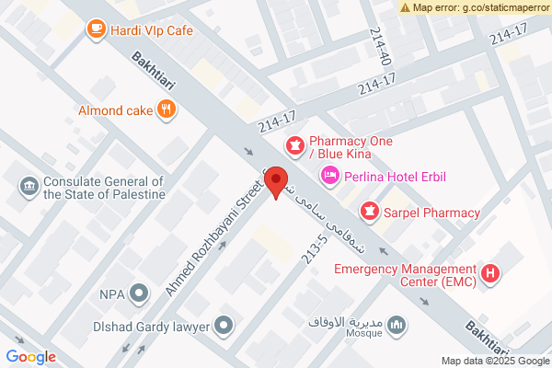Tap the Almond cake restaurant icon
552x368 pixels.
[x=166, y=110]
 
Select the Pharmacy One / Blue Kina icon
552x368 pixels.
[x=295, y=144]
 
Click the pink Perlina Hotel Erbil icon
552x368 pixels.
[x=328, y=175]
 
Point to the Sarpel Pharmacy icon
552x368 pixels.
[x=369, y=213]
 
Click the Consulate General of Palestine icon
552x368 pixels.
[x=28, y=188]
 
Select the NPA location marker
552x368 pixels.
[x=139, y=294]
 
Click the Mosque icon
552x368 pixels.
[x=397, y=326]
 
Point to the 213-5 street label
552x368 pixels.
[x=315, y=248]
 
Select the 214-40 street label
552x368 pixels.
[x=380, y=46]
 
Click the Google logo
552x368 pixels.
[x=30, y=357]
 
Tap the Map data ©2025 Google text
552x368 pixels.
[x=493, y=360]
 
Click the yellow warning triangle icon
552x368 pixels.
[x=406, y=6]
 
